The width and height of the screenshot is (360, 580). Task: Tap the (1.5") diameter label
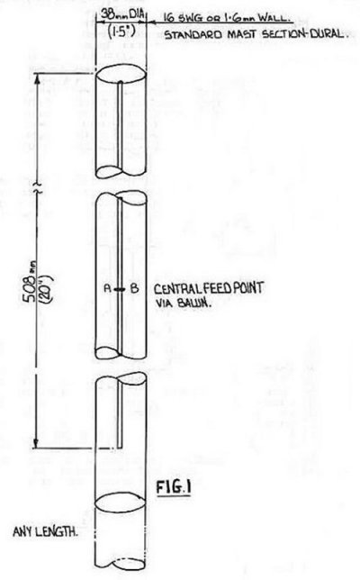click(121, 32)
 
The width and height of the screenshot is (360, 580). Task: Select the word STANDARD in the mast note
click(193, 35)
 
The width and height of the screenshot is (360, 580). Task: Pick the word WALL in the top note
click(271, 17)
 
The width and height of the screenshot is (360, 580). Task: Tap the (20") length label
click(47, 288)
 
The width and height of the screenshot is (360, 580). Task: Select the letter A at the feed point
click(108, 288)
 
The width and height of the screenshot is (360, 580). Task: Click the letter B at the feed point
click(134, 288)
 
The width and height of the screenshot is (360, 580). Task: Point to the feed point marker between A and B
click(120, 289)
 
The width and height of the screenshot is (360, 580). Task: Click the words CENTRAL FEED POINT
click(209, 288)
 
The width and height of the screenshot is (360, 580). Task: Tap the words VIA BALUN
click(183, 303)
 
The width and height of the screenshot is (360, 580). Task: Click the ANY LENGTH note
click(46, 532)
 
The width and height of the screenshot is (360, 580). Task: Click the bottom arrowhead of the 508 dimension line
click(36, 443)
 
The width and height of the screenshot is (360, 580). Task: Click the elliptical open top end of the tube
click(121, 75)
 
